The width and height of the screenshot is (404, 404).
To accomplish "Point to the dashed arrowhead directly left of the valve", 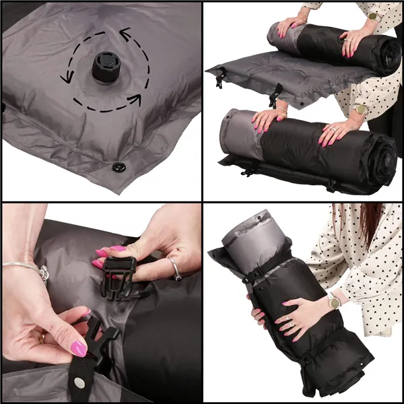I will (66, 77).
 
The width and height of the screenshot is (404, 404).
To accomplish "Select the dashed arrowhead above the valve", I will (125, 31).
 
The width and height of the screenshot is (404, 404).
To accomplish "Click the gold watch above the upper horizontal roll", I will (372, 15).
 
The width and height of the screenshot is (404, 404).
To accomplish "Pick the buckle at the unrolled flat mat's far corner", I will (219, 79).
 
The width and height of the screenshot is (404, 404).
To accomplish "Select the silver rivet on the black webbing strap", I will (79, 382).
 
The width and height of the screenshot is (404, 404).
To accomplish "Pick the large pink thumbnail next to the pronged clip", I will (79, 347).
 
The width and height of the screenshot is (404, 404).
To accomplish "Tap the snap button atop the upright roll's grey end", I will (261, 219).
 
